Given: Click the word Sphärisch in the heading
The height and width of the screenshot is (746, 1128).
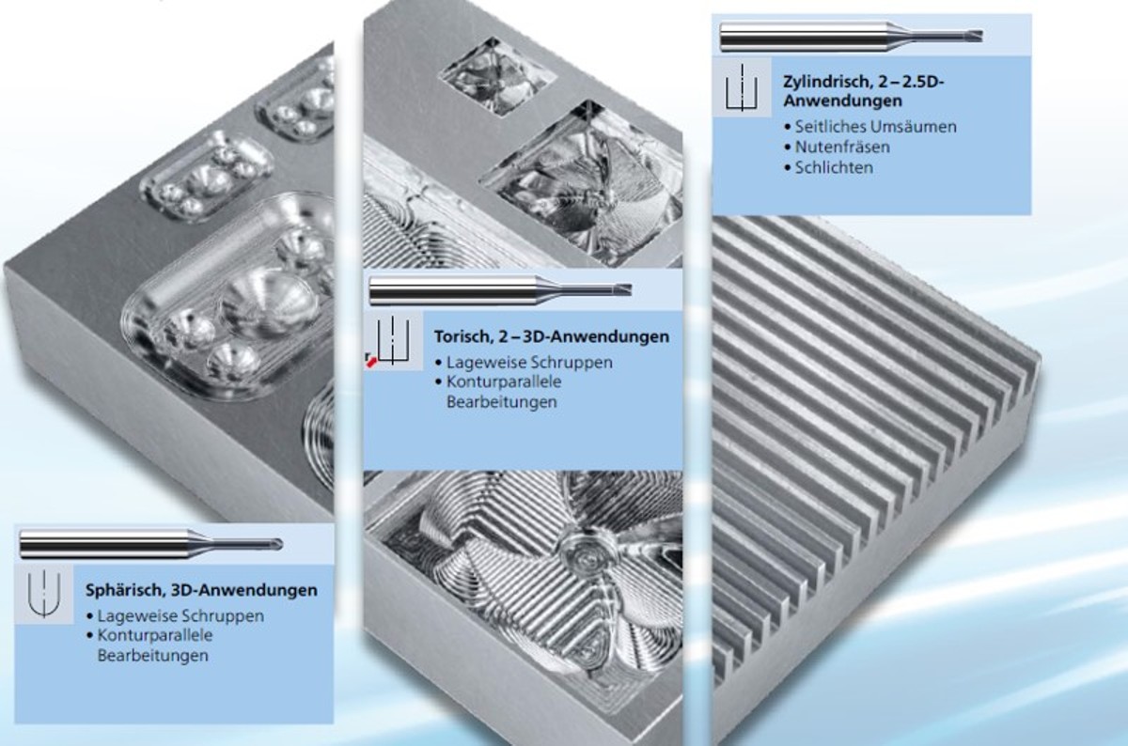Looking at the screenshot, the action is click(124, 590).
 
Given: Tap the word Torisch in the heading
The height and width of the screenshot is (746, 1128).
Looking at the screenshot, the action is click(463, 336).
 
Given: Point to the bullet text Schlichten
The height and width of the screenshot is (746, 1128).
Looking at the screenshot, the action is click(834, 167).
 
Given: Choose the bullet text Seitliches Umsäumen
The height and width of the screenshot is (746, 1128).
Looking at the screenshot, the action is click(875, 126).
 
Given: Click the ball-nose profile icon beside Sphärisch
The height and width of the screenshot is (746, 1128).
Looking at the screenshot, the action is click(44, 594).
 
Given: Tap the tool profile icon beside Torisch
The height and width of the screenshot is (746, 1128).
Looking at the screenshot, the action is click(394, 340).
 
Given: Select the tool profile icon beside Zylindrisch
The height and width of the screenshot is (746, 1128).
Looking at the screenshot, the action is click(742, 87).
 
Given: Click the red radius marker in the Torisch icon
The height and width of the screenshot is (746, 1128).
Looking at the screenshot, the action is click(371, 362).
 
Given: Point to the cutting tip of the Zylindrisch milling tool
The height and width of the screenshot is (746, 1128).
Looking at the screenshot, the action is click(979, 36).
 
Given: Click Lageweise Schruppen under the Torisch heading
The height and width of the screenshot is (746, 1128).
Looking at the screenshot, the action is click(529, 363).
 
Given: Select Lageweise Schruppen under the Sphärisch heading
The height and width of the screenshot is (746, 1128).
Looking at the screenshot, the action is click(180, 616).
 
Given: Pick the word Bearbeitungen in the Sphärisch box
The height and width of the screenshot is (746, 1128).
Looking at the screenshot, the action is click(152, 656).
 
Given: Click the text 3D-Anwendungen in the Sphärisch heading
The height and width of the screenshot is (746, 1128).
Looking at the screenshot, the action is click(244, 590).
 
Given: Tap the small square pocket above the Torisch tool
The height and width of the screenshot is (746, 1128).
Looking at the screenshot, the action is click(497, 76).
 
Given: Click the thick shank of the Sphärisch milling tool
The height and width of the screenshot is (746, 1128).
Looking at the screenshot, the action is click(105, 544).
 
